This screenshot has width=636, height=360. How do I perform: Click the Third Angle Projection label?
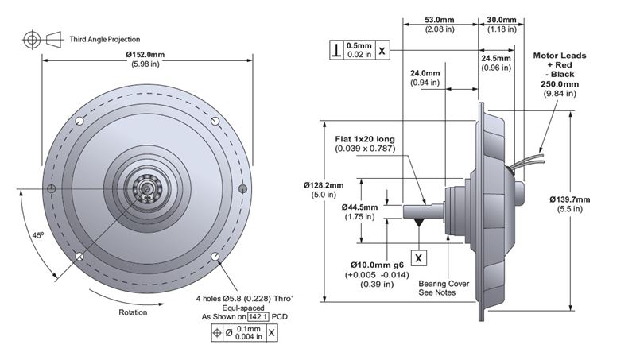click(105, 38)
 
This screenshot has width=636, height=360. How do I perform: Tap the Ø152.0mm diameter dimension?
click(146, 55)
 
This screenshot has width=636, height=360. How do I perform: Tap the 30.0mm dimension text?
click(501, 20)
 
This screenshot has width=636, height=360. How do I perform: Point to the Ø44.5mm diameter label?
click(358, 207)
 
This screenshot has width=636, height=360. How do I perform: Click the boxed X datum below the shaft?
click(420, 257)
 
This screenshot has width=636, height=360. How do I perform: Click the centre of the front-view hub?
click(147, 188)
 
